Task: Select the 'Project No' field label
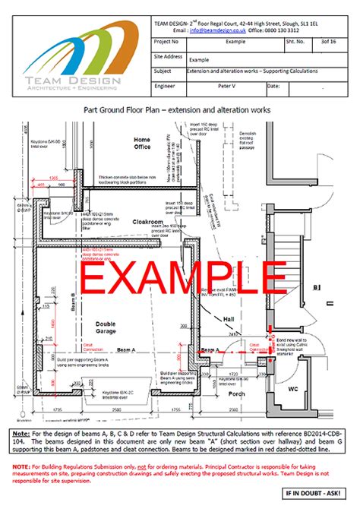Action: [169, 43]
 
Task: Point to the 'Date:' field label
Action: [275, 87]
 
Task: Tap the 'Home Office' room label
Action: [142, 144]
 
